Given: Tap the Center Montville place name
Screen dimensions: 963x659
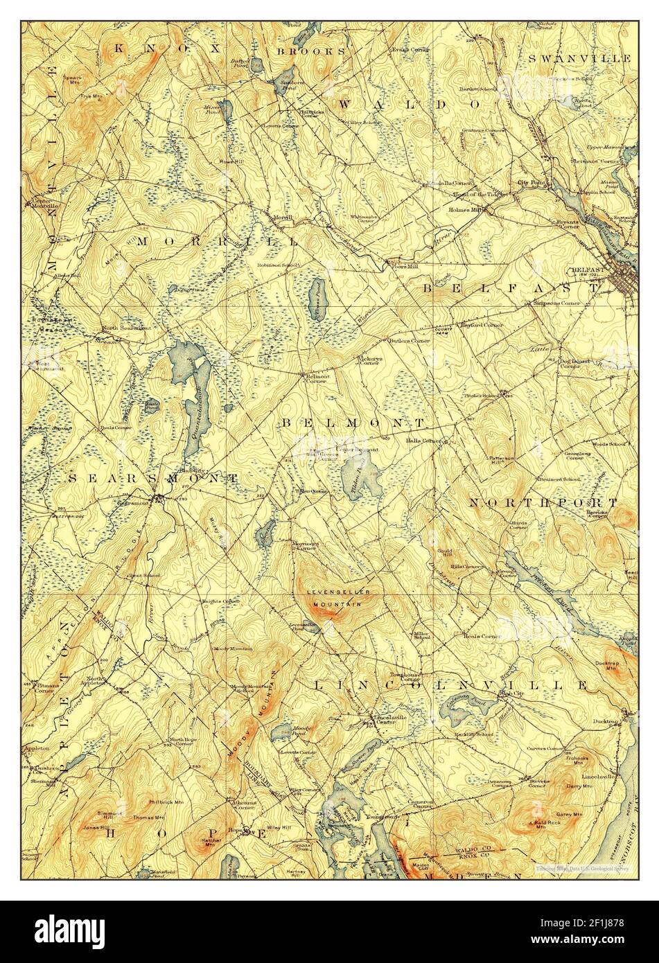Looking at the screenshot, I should click(x=43, y=204).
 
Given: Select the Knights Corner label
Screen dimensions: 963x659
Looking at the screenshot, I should click(x=216, y=601).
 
